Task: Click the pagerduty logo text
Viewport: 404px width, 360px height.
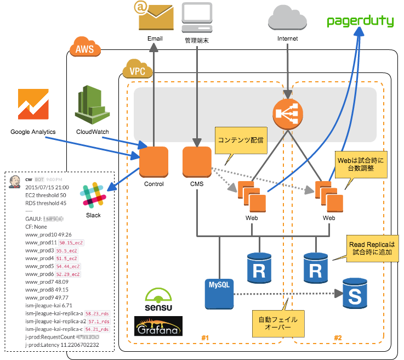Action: point(360,21)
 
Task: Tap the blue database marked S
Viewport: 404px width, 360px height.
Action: point(355,293)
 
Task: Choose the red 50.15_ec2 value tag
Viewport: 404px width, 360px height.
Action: point(70,243)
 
